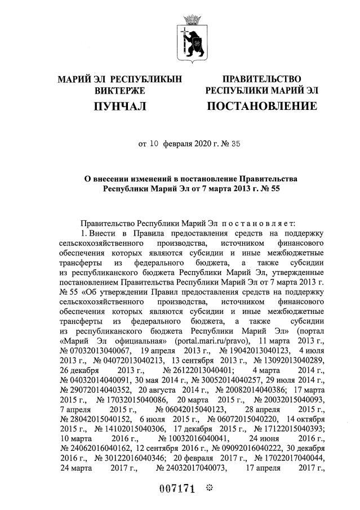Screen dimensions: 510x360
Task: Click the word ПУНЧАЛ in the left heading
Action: click(120, 105)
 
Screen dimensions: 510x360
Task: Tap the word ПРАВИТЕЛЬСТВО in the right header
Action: click(261, 79)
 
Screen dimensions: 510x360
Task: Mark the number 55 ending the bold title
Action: click(274, 189)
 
